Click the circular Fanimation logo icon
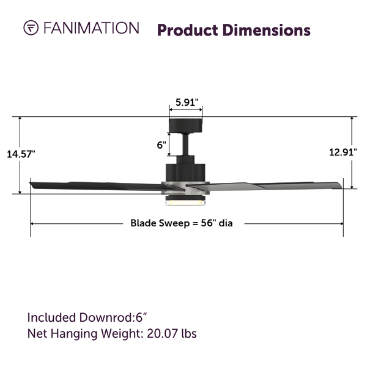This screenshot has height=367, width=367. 31,28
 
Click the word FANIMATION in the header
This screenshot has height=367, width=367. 91,28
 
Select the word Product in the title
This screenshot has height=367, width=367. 188,31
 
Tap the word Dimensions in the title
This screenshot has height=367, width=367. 266,30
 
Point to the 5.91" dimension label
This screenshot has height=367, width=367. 187,102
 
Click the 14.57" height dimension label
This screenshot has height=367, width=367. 21,154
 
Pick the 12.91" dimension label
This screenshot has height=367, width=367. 343,152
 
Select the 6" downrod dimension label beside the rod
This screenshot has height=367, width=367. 161,145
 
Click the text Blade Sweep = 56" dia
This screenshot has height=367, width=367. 182,223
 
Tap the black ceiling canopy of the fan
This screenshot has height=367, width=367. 185,125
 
